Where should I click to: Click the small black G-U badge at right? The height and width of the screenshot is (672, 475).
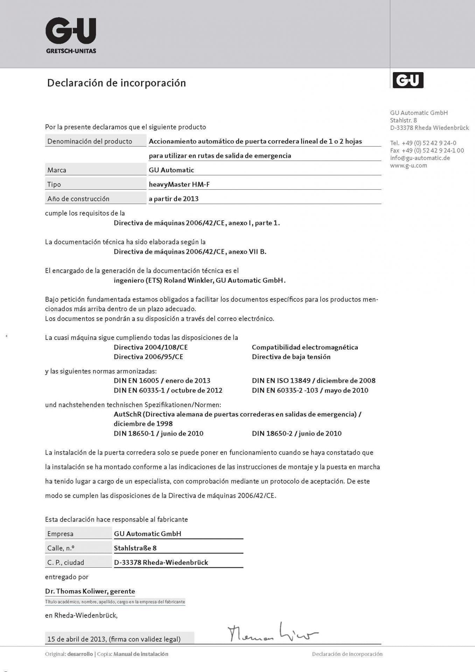408,80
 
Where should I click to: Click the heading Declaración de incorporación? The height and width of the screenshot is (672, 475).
116,83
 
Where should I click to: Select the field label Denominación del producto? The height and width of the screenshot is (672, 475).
90,141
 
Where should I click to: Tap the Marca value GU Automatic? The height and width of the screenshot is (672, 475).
171,170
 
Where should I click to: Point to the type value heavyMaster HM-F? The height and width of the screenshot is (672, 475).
179,184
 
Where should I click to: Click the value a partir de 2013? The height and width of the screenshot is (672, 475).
174,199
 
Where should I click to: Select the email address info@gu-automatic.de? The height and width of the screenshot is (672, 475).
420,158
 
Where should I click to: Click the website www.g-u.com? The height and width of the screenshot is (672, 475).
408,166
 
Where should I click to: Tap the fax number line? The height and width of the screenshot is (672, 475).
427,150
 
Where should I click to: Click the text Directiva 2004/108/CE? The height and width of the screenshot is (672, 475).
151,347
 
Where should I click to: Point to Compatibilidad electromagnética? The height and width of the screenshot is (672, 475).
305,347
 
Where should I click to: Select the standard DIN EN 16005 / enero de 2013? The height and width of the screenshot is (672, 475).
162,380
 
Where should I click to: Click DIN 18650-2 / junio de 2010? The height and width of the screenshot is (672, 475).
296,433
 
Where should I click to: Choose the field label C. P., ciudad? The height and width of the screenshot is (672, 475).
66,562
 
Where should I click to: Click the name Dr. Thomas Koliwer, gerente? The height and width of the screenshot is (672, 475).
90,591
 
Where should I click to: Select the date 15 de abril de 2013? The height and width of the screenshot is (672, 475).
77,639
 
